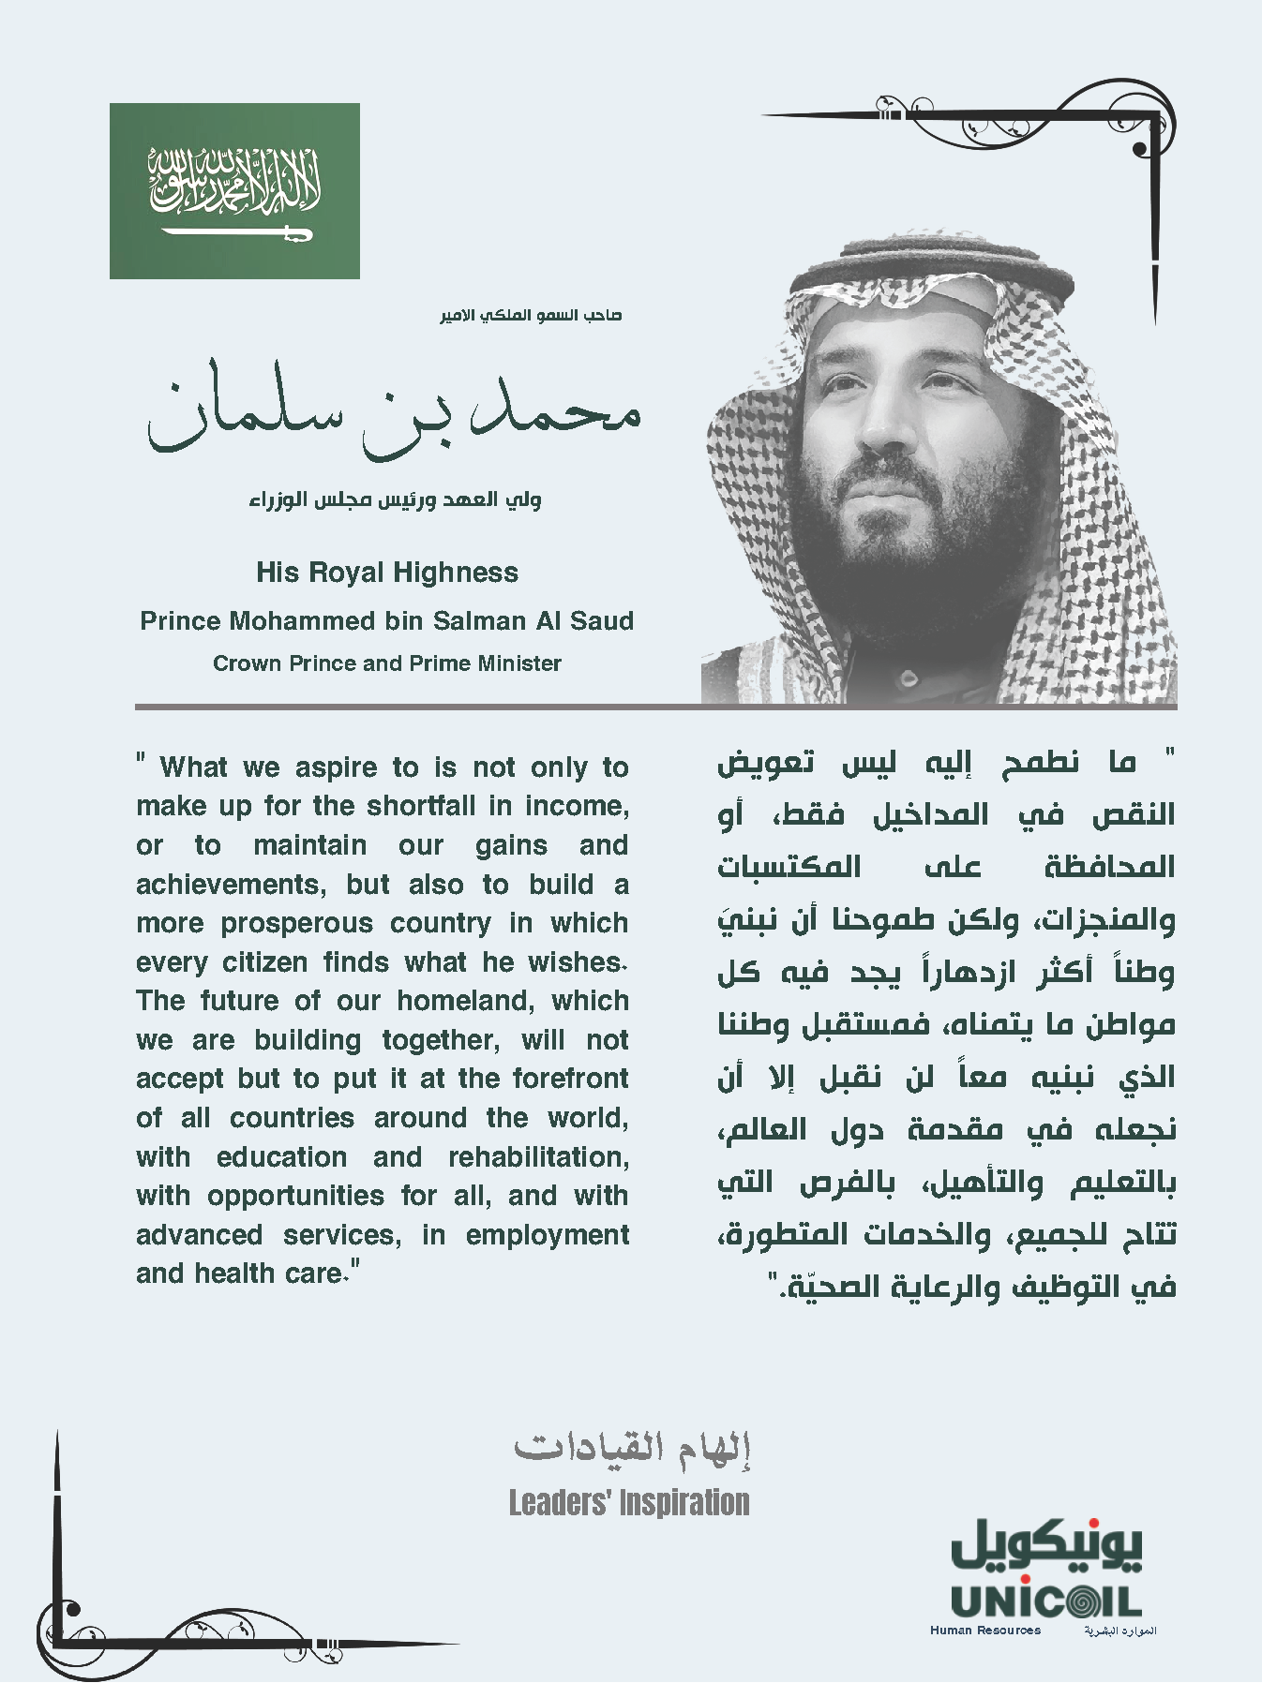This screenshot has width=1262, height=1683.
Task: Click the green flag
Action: pyautogui.click(x=234, y=190)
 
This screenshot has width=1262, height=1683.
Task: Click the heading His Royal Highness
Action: pyautogui.click(x=387, y=573)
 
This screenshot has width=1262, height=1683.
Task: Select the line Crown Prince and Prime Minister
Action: pyautogui.click(x=387, y=663)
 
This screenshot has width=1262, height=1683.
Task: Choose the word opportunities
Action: pyautogui.click(x=295, y=1196)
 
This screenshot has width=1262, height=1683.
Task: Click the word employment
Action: pyautogui.click(x=547, y=1235)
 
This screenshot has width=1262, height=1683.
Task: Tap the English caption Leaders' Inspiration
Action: pyautogui.click(x=629, y=1503)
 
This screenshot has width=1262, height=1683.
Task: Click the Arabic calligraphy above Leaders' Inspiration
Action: pyautogui.click(x=632, y=1448)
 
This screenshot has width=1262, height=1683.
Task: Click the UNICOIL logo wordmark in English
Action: pyautogui.click(x=1045, y=1601)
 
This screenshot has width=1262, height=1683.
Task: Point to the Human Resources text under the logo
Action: pyautogui.click(x=984, y=1631)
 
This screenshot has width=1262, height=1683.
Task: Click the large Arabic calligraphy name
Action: pyautogui.click(x=394, y=412)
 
